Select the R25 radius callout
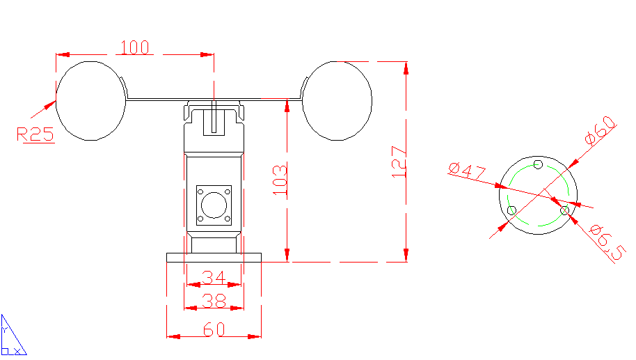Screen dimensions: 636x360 35,134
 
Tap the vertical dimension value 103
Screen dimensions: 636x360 280,180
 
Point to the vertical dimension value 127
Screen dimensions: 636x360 399,162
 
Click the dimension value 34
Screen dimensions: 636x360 214,278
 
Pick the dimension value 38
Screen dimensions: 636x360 214,301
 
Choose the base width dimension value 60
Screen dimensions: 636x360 214,329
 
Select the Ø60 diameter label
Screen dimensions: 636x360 601,130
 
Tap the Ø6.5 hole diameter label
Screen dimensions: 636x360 606,242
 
